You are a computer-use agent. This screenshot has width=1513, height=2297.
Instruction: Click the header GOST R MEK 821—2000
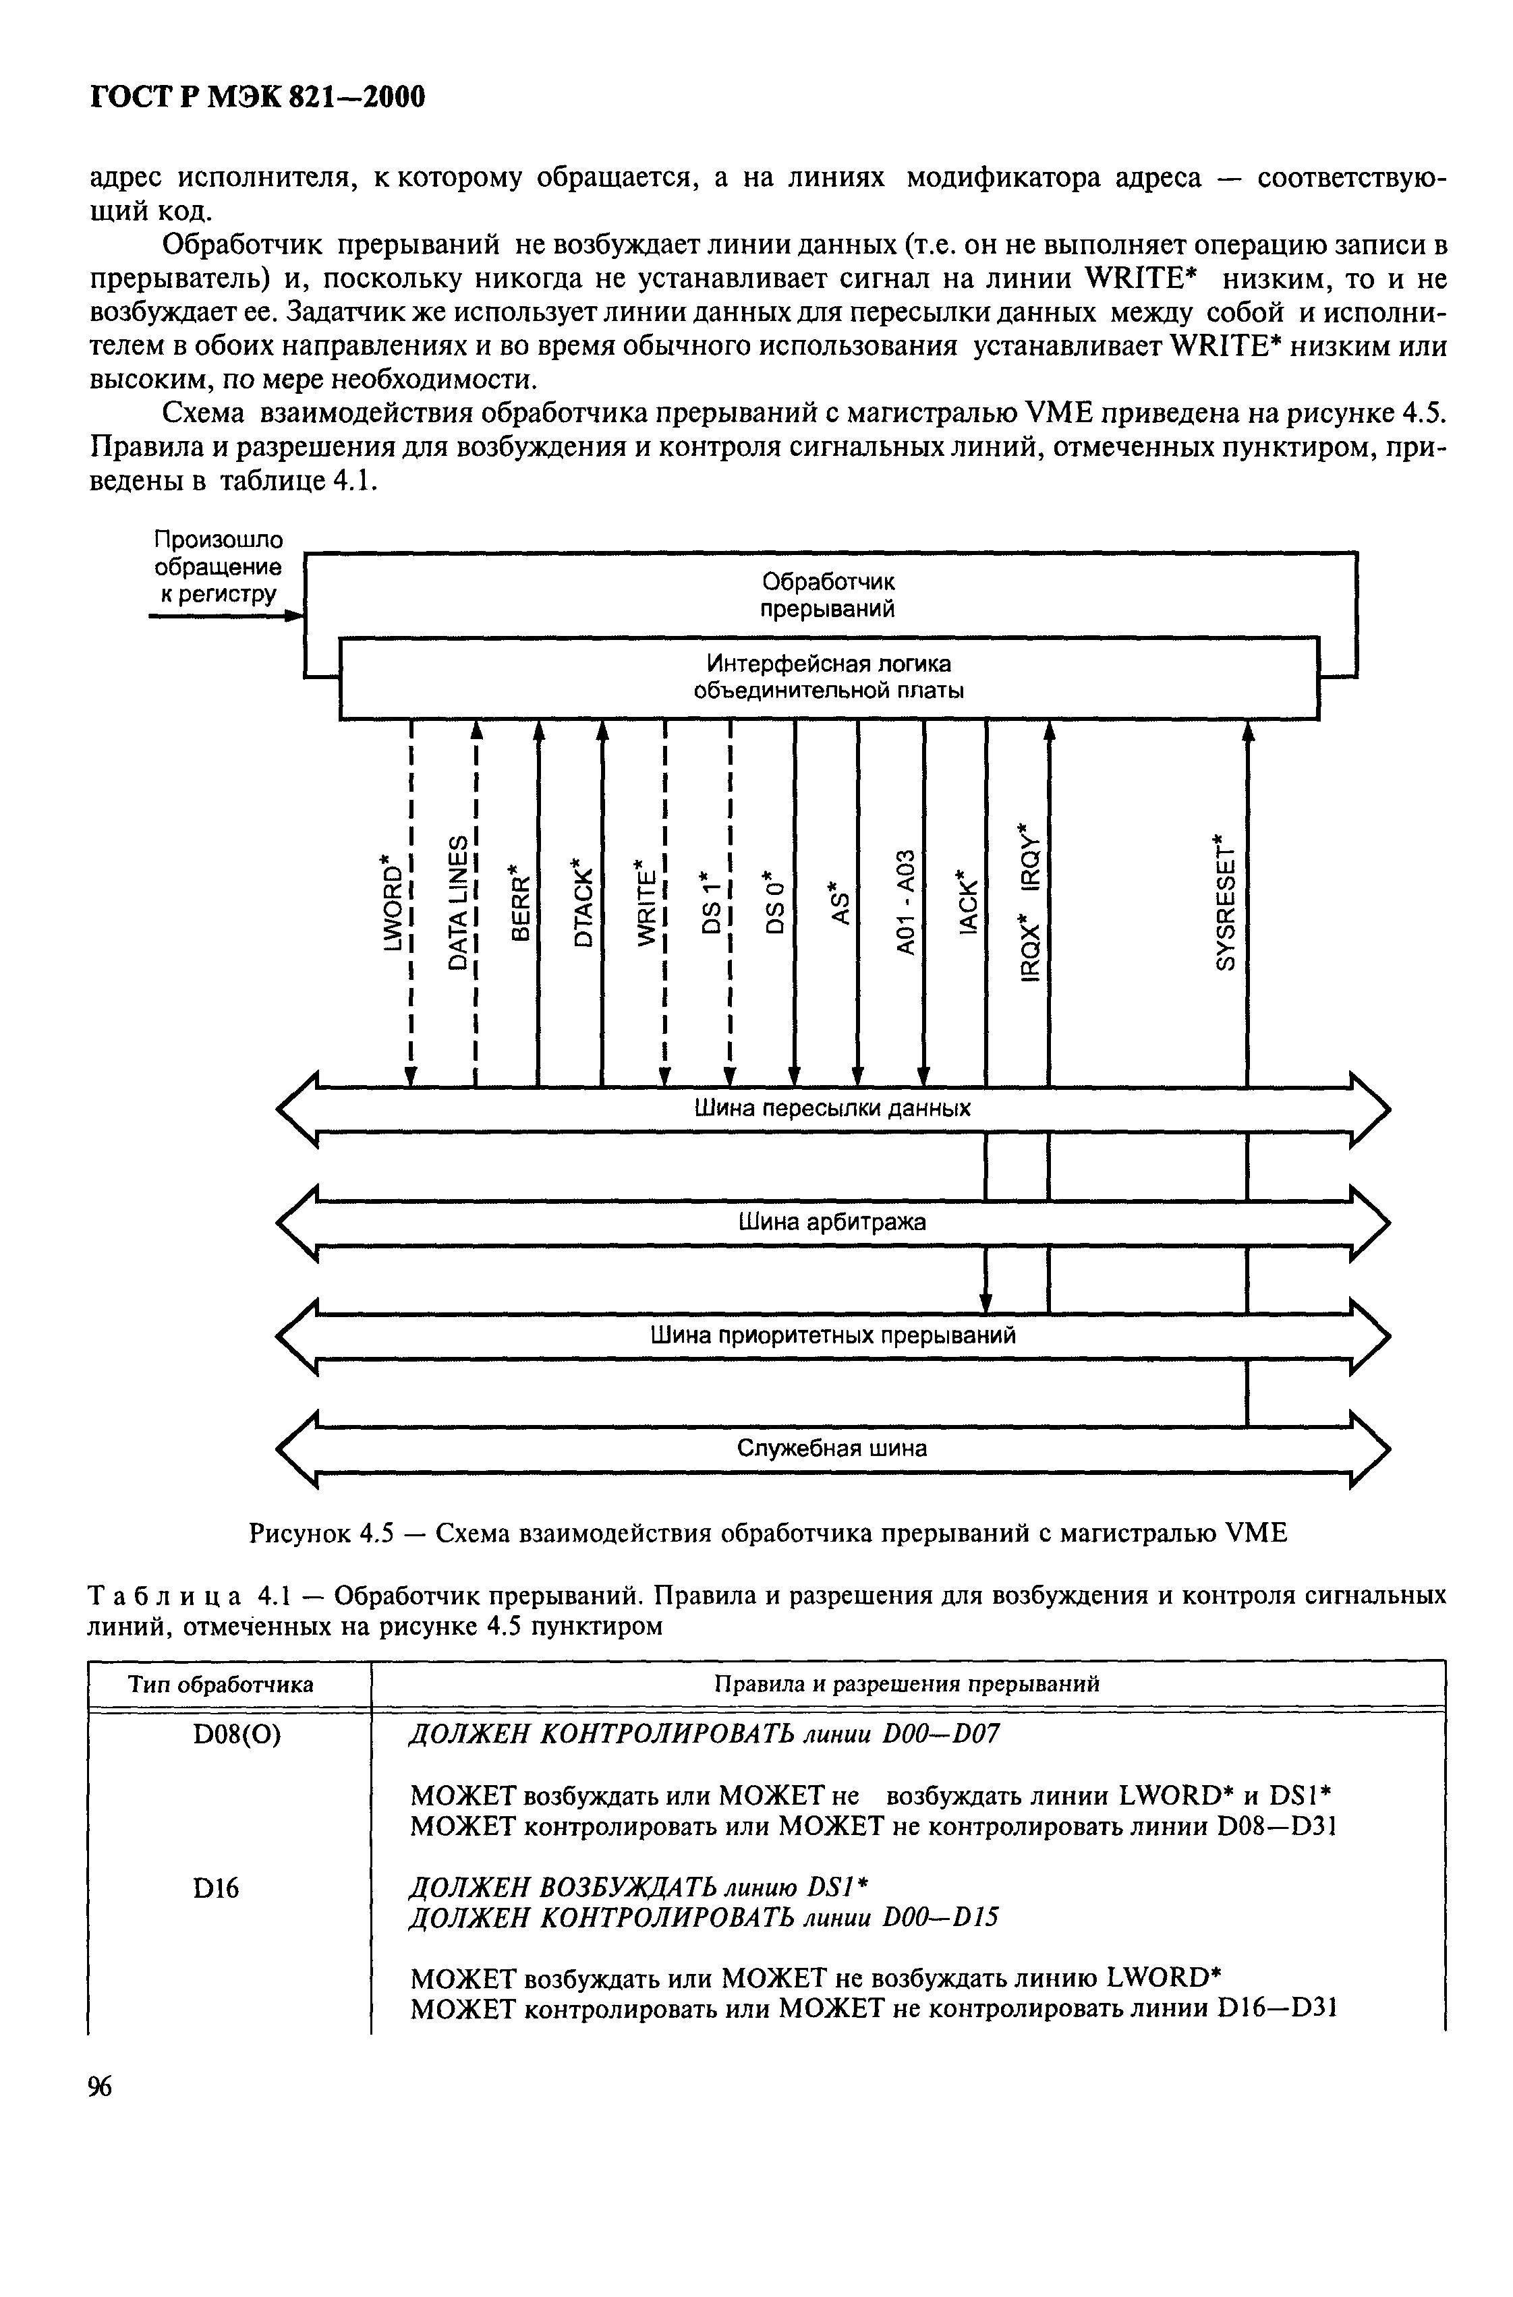tap(257, 98)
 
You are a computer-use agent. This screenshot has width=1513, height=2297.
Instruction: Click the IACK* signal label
tap(967, 902)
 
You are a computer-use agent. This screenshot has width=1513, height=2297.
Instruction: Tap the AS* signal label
tap(839, 902)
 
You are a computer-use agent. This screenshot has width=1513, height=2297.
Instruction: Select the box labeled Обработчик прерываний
tap(828, 595)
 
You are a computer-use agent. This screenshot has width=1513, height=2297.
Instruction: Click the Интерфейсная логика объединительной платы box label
tap(828, 678)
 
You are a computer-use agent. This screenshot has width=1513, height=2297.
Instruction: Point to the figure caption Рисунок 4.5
tap(768, 1533)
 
